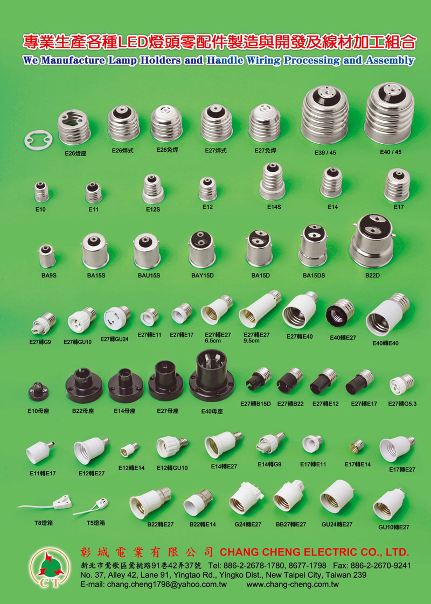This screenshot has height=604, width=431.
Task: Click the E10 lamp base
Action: [x=41, y=192]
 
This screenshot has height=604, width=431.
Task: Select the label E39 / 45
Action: [x=325, y=152]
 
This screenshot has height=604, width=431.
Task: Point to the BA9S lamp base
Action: [x=47, y=256]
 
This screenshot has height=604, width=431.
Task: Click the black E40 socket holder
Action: [x=212, y=376]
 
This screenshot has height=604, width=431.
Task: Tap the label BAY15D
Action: [x=203, y=276]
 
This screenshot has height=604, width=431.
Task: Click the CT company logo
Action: [x=50, y=567]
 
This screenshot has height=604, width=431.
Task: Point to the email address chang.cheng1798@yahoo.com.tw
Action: [x=167, y=585]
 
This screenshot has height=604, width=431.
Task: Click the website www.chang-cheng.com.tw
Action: [x=293, y=585]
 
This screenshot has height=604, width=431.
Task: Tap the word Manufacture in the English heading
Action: [x=73, y=60]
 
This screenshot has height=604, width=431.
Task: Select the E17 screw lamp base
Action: [x=397, y=185]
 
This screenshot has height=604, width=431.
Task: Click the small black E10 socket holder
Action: [x=38, y=392]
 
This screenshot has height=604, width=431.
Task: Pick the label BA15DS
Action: [x=314, y=276]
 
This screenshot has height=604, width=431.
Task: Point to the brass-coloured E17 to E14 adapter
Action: [x=357, y=446]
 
